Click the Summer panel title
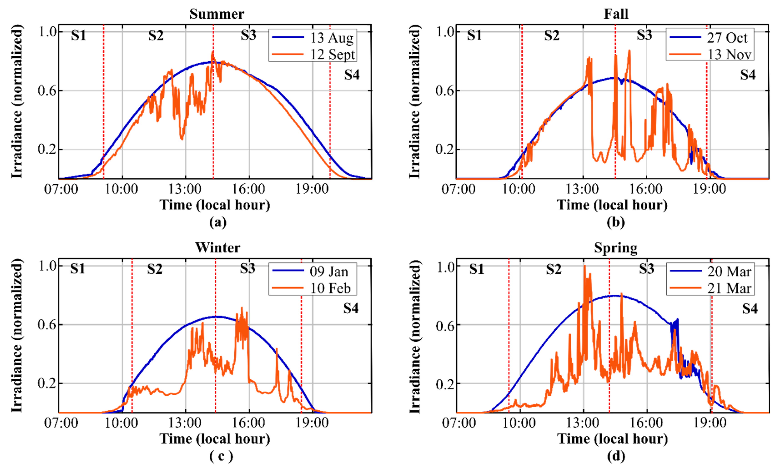point(217,14)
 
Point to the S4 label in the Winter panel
point(351,308)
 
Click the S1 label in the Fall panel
point(474,35)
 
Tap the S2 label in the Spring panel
point(553,269)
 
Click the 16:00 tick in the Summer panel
point(249,189)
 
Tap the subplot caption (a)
point(218,222)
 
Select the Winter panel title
point(218,248)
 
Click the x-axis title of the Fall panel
point(612,205)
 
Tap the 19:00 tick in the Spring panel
point(710,423)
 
